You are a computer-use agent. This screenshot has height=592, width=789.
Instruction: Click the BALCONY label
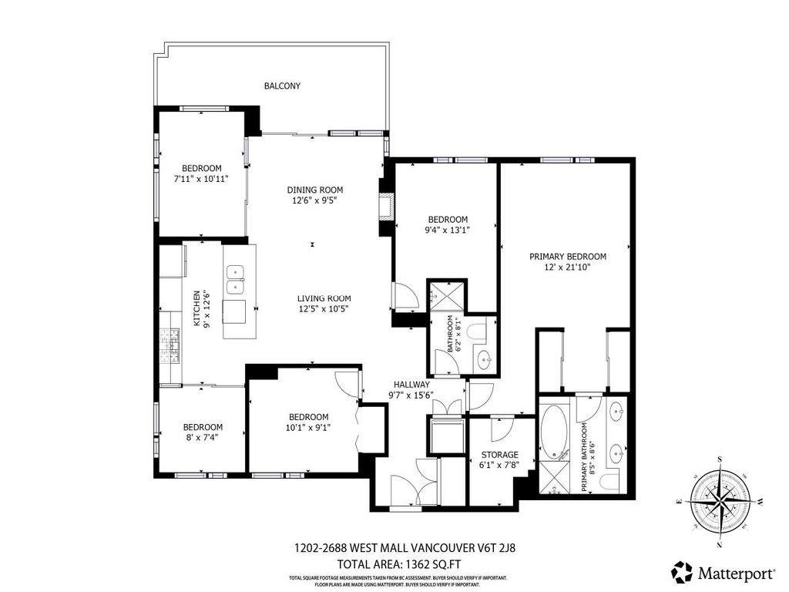282,86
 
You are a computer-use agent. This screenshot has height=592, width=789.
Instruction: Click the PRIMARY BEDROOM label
567,257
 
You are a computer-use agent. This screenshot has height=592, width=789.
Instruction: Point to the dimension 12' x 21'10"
567,267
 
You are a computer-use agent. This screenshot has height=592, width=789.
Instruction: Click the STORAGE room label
499,455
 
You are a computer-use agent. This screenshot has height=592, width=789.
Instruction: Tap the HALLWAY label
411,384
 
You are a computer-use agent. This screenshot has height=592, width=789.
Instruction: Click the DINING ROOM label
314,190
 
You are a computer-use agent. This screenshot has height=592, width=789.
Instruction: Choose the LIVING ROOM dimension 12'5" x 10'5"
324,309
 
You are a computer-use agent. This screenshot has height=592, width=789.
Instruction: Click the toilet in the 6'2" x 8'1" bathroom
478,333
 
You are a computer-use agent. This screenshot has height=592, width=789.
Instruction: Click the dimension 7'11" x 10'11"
201,179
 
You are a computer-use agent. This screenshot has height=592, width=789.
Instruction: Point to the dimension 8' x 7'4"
202,437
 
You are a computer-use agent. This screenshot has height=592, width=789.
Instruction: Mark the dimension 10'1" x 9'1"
308,427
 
